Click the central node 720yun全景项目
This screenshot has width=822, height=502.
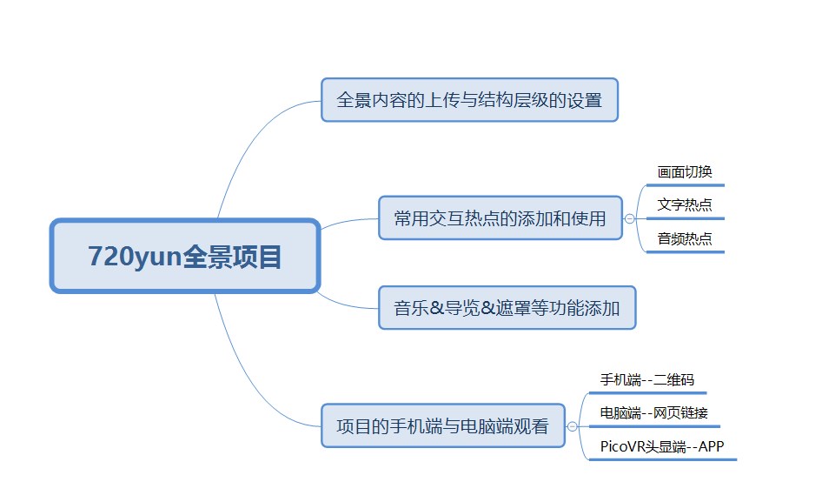click(x=184, y=256)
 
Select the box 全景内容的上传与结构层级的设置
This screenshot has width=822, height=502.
click(x=469, y=100)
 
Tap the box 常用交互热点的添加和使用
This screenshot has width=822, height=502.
click(x=500, y=218)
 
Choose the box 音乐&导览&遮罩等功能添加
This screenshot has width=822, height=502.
click(x=507, y=308)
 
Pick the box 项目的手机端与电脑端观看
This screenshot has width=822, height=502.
click(x=442, y=425)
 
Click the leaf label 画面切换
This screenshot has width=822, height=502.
click(x=685, y=171)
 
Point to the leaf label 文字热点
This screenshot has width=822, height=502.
click(x=685, y=204)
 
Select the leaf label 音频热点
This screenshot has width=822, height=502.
click(x=685, y=239)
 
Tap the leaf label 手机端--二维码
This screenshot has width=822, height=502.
click(x=646, y=379)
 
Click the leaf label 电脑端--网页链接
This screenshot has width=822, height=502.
click(x=653, y=413)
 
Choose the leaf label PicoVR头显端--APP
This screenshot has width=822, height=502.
click(x=662, y=446)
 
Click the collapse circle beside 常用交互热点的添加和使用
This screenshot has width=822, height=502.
click(x=630, y=218)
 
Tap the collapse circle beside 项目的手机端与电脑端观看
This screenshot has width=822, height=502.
click(x=572, y=426)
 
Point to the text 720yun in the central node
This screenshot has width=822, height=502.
click(x=135, y=257)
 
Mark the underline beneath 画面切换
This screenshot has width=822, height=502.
click(x=686, y=185)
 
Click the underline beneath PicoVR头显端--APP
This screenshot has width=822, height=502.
click(x=663, y=460)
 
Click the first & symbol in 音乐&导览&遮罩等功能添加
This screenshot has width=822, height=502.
click(x=436, y=308)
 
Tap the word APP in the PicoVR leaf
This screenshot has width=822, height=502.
click(x=711, y=446)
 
